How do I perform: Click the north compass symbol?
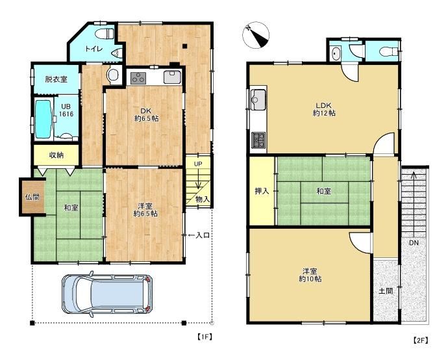pos(256,36)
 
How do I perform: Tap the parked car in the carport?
pos(107,294)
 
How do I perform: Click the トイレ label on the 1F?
pos(93,49)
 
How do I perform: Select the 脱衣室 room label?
pos(56,79)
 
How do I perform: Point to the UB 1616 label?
pos(66,110)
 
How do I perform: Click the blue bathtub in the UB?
pos(44,119)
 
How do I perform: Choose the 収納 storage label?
pos(56,155)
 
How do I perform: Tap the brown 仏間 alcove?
pos(32,197)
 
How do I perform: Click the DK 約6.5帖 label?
pos(146,114)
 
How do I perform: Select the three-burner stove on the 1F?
pos(138,78)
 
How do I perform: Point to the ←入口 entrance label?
pos(199,235)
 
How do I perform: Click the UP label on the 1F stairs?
pos(198,164)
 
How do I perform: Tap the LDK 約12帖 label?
pos(324,109)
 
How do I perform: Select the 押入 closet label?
pos(262,191)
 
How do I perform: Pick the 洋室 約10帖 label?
pos(310,275)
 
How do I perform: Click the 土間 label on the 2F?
pos(386,291)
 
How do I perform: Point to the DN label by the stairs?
pos(414,243)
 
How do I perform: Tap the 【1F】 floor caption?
pos(205,337)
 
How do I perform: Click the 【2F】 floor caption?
pos(421,341)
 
